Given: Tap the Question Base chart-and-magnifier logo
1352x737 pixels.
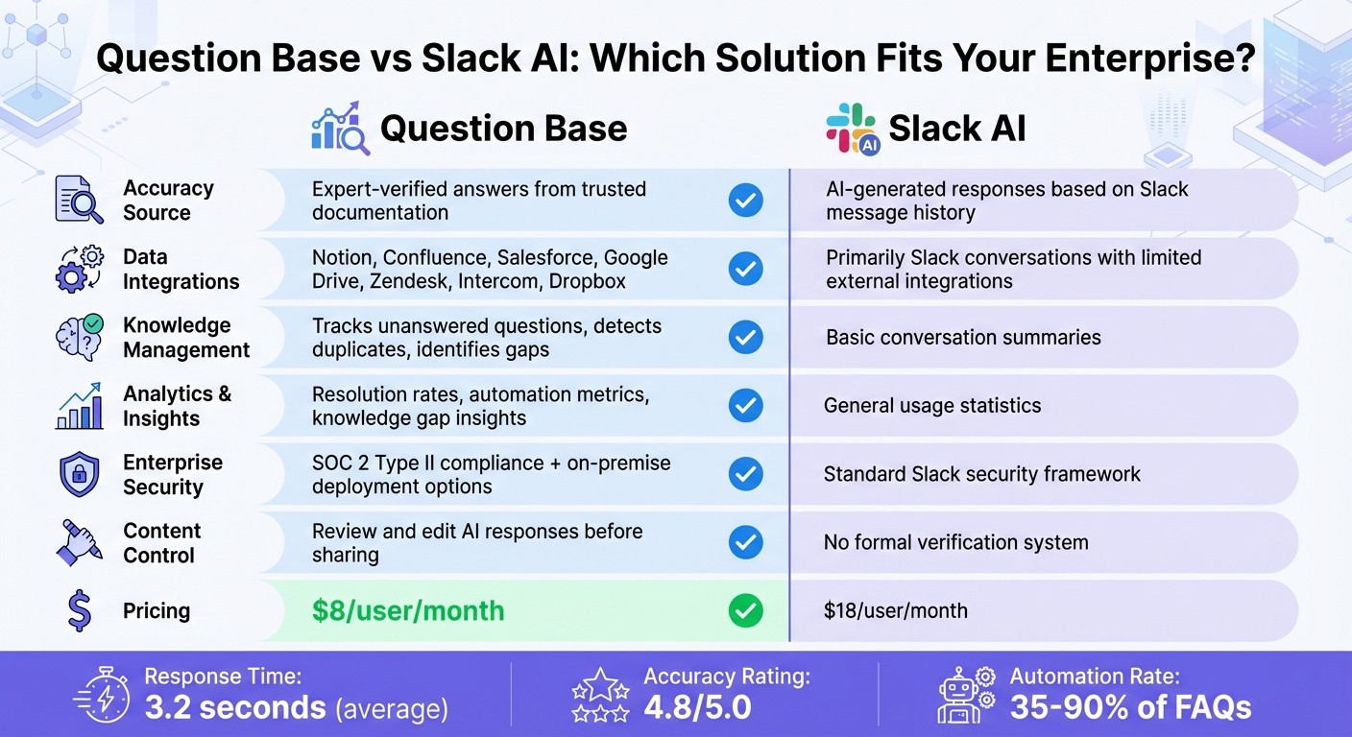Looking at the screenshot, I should (x=340, y=129).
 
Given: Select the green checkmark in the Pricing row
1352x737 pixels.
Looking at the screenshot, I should (x=745, y=610).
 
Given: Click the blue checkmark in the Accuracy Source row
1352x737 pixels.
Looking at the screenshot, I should (x=745, y=201).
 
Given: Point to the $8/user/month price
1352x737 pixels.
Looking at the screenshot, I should (x=407, y=611).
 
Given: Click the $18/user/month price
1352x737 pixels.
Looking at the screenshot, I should (x=895, y=610).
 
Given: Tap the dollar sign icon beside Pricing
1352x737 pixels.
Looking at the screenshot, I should (x=80, y=611).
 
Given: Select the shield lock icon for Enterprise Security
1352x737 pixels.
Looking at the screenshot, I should (x=79, y=475).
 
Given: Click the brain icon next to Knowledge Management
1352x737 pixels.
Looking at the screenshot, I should (x=79, y=338).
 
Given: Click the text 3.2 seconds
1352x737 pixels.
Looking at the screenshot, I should (x=235, y=708).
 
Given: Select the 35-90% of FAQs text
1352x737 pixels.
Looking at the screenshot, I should (x=1130, y=708).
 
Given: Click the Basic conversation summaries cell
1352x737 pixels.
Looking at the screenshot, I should (x=962, y=338).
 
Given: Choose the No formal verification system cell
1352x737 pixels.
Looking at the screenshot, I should (x=955, y=543).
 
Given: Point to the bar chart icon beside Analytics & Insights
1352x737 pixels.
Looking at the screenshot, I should (x=79, y=406).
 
